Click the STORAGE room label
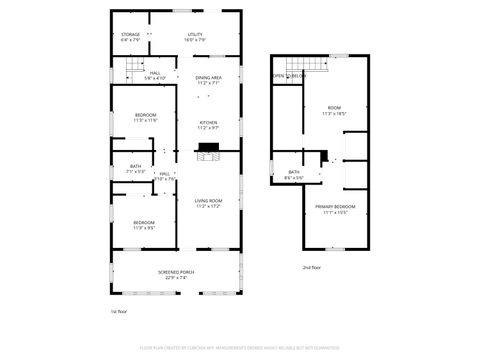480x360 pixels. pyautogui.click(x=131, y=35)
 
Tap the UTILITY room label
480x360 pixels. pyautogui.click(x=195, y=35)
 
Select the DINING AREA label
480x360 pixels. pyautogui.click(x=208, y=77)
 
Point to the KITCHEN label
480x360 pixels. pyautogui.click(x=208, y=123)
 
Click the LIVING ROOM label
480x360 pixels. pyautogui.click(x=208, y=201)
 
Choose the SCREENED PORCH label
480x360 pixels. pyautogui.click(x=176, y=272)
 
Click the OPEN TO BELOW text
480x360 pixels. pyautogui.click(x=289, y=76)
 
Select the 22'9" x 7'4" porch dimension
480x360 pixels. pyautogui.click(x=176, y=278)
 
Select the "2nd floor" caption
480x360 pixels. pyautogui.click(x=312, y=267)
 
